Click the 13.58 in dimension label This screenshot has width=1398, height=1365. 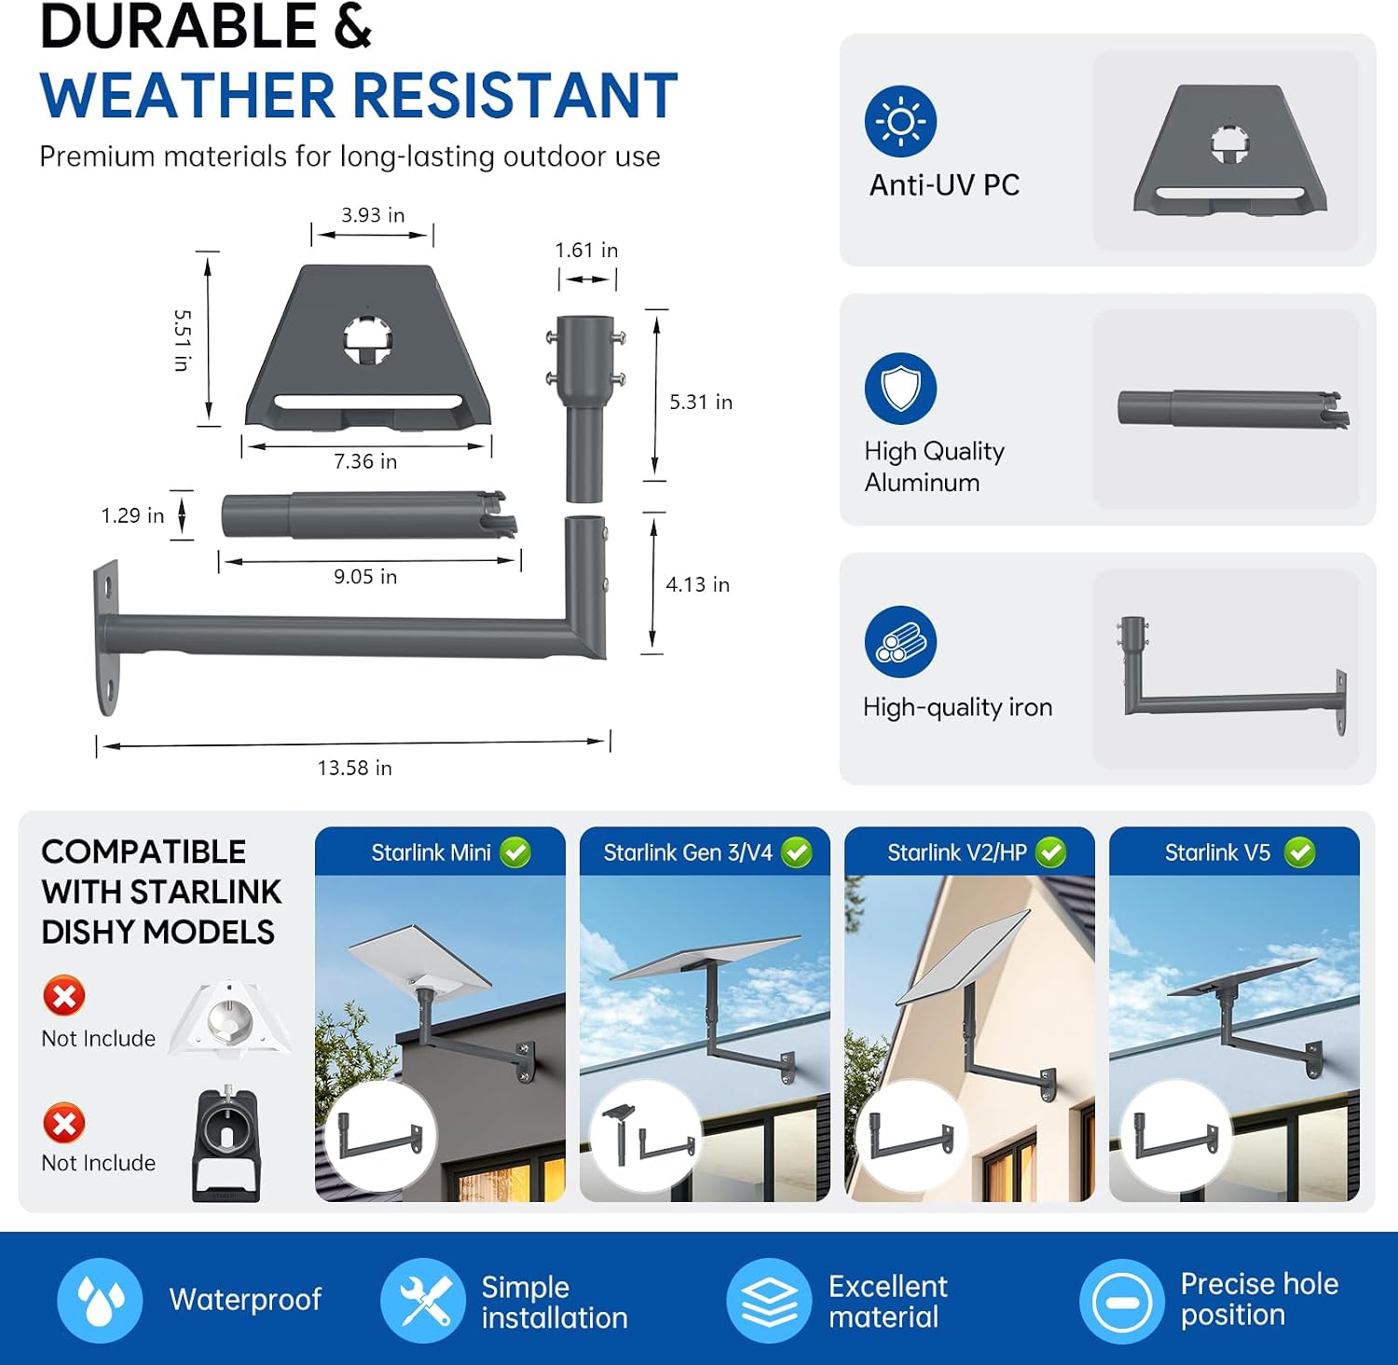click(354, 768)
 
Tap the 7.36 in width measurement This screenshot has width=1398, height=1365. click(365, 461)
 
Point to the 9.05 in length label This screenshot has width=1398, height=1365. click(365, 577)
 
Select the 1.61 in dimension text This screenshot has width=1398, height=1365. click(586, 250)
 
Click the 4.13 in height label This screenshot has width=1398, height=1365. click(697, 584)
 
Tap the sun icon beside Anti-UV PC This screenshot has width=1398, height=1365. click(900, 121)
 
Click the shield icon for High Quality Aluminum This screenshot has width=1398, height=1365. click(900, 389)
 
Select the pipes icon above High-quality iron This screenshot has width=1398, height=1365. click(900, 641)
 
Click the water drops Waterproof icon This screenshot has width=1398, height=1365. click(100, 1300)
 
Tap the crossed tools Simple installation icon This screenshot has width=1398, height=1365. click(423, 1300)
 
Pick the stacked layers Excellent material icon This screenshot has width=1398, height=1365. click(769, 1300)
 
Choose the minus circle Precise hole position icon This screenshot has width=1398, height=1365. click(1121, 1301)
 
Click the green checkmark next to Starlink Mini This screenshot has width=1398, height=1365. click(515, 853)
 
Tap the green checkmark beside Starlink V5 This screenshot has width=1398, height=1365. click(1299, 853)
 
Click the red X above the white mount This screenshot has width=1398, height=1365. click(64, 996)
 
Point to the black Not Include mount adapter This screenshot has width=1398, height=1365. click(226, 1144)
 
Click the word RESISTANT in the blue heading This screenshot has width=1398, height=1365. click(514, 95)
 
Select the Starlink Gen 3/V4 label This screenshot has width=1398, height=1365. click(688, 853)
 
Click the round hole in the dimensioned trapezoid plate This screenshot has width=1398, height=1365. click(367, 338)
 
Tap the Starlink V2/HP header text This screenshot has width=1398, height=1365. click(957, 853)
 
